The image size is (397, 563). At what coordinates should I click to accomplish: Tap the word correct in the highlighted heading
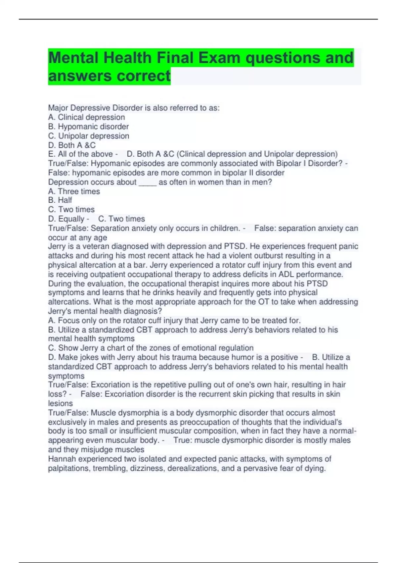[x=144, y=76]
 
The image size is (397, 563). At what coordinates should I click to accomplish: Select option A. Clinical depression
[x=86, y=117]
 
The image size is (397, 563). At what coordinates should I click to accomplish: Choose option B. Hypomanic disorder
[x=88, y=127]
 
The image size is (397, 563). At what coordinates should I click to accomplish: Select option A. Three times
[x=74, y=191]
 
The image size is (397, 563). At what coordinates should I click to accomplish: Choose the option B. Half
[x=60, y=200]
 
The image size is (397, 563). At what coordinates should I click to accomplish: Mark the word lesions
[x=60, y=403]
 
